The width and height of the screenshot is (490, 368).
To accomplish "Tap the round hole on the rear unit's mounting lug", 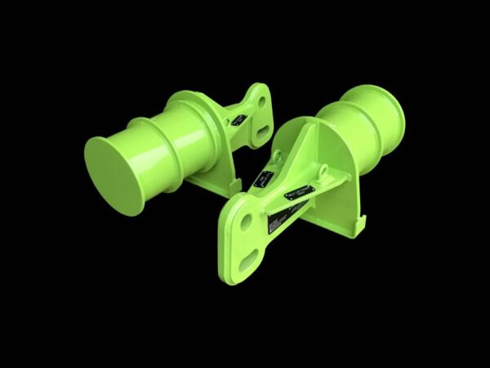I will point(261,101).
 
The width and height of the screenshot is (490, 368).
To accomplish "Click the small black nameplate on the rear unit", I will point(238,120).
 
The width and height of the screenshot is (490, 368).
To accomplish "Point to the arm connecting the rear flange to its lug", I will point(237,110).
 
